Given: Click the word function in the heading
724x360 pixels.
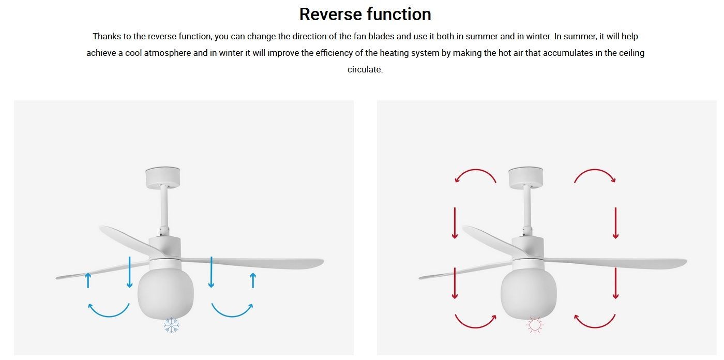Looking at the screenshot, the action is [x=399, y=14].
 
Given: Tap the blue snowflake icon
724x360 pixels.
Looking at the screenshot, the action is [x=171, y=325].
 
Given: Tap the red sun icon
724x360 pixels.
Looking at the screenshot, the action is [x=535, y=325].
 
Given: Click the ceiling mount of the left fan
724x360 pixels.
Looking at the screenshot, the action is [x=162, y=177].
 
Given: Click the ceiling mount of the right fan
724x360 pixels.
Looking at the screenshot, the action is [x=526, y=177].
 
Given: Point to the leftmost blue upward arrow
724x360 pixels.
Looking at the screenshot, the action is [x=88, y=280].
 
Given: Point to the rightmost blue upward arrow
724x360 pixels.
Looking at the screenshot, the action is [x=253, y=280].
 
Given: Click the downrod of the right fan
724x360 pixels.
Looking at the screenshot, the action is [x=527, y=207].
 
